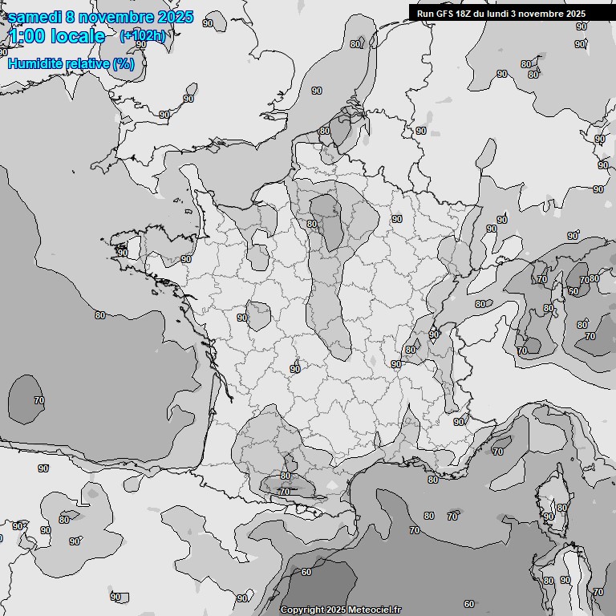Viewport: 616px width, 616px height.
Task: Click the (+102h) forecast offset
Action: [x=143, y=35]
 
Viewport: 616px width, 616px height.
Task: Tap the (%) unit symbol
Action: [x=124, y=63]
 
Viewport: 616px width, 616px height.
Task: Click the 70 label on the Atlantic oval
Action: [x=39, y=399]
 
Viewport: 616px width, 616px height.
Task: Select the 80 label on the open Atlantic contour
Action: [x=99, y=315]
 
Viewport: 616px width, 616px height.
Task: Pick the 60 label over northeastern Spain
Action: [x=306, y=572]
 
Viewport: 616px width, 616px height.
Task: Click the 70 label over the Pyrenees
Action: [x=284, y=492]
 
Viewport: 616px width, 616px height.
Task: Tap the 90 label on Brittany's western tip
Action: [x=122, y=253]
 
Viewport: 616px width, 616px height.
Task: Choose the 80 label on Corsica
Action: [x=561, y=508]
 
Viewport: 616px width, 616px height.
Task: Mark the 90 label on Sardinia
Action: [x=565, y=580]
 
